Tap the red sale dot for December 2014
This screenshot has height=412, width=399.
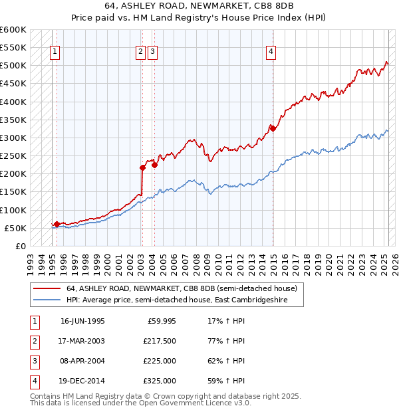click(x=273, y=128)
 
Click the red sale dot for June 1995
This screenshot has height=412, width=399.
click(x=57, y=225)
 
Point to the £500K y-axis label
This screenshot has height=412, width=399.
click(x=13, y=66)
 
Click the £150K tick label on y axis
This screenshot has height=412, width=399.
click(x=13, y=192)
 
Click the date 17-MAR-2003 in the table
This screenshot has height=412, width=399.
click(x=82, y=341)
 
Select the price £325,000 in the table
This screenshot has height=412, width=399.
click(x=160, y=381)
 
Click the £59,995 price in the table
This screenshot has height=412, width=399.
click(x=161, y=321)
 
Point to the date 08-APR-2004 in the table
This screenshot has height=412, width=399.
click(x=82, y=361)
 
